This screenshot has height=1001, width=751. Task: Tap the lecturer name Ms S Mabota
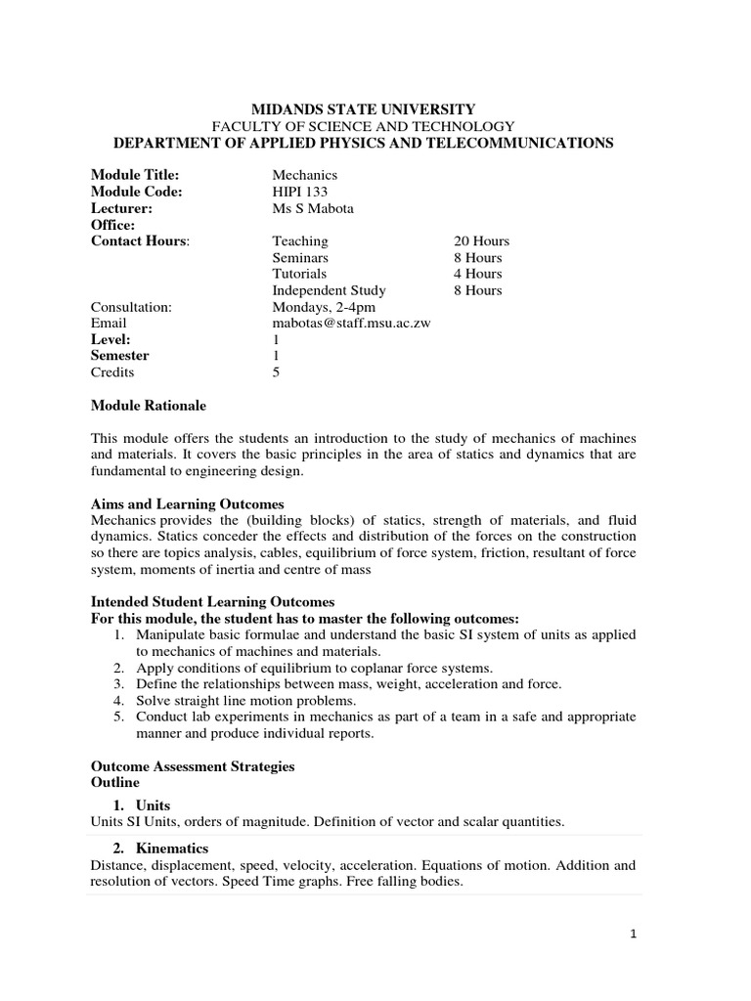pyautogui.click(x=314, y=208)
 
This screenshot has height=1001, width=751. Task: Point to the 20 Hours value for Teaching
pyautogui.click(x=481, y=240)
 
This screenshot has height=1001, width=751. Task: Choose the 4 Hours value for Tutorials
pyautogui.click(x=477, y=274)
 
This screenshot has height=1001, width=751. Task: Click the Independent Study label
pyautogui.click(x=329, y=290)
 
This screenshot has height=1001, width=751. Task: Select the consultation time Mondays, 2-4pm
pyautogui.click(x=324, y=306)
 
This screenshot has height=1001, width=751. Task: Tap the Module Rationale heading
pyautogui.click(x=148, y=405)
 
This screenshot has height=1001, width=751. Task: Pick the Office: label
pyautogui.click(x=112, y=225)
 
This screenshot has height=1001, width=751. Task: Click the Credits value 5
pyautogui.click(x=276, y=372)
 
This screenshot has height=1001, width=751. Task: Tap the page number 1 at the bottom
pyautogui.click(x=634, y=935)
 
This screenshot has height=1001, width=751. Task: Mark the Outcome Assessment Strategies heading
pyautogui.click(x=193, y=766)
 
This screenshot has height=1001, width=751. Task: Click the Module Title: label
pyautogui.click(x=135, y=175)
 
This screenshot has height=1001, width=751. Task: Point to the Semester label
pyautogui.click(x=120, y=356)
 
